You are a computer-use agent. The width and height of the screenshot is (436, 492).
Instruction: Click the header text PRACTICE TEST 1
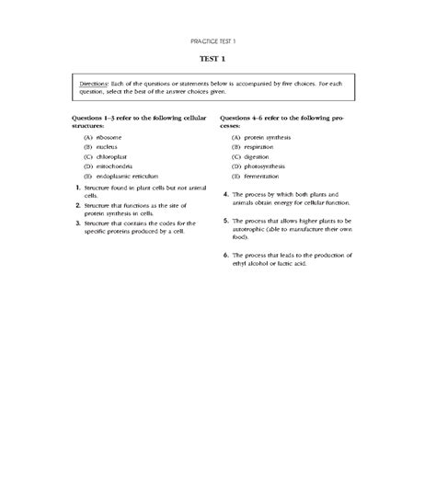(x=217, y=42)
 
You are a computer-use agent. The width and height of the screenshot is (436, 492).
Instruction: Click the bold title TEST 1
(x=217, y=59)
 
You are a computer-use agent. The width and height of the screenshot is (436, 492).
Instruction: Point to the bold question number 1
(x=78, y=189)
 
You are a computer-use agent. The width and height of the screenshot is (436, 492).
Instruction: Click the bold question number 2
(x=78, y=206)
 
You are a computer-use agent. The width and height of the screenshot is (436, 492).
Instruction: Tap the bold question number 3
(x=78, y=223)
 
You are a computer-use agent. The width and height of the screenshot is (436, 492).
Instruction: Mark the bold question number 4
(x=226, y=195)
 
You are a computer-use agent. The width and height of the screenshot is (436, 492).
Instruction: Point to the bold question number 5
(x=226, y=222)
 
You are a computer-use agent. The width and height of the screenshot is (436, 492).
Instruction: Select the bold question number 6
(x=226, y=255)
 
